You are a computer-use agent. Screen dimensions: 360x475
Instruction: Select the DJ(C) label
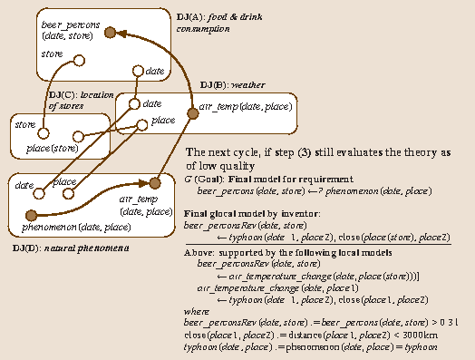click(60, 94)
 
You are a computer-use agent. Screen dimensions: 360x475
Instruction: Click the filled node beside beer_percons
click(110, 33)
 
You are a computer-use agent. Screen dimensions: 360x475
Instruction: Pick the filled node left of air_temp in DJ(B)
click(191, 113)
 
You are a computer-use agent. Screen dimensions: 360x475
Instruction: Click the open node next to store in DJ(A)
click(79, 61)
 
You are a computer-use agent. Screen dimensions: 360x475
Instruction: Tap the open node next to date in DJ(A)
click(138, 70)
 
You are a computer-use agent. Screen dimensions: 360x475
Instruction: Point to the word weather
click(247, 84)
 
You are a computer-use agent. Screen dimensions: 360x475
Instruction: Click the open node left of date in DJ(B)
click(134, 104)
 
